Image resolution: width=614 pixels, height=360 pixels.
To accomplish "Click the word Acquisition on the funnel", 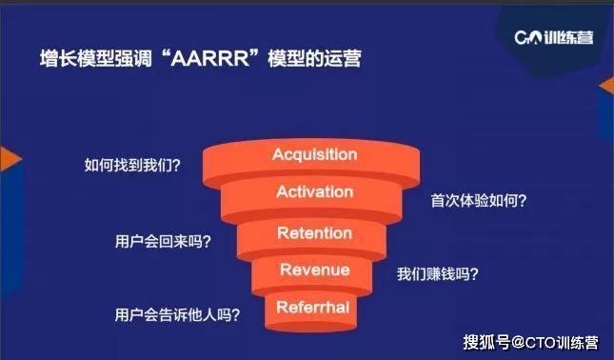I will click(314, 154).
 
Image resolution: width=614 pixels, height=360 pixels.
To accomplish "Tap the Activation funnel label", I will click(314, 192).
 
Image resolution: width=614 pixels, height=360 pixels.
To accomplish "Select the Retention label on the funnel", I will click(314, 233).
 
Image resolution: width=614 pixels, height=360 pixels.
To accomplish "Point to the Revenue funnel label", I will click(314, 270).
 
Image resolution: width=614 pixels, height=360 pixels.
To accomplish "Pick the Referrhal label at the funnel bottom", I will click(313, 307).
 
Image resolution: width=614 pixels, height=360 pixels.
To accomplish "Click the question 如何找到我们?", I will click(132, 164).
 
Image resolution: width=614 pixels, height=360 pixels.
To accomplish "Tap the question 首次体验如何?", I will click(480, 201).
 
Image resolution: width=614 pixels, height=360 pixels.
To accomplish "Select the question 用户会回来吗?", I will click(163, 241).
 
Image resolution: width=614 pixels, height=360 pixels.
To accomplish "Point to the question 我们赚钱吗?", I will click(438, 274).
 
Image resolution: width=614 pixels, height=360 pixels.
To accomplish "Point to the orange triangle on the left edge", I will click(9, 159).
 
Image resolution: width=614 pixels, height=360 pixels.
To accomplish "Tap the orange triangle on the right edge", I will click(606, 87).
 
